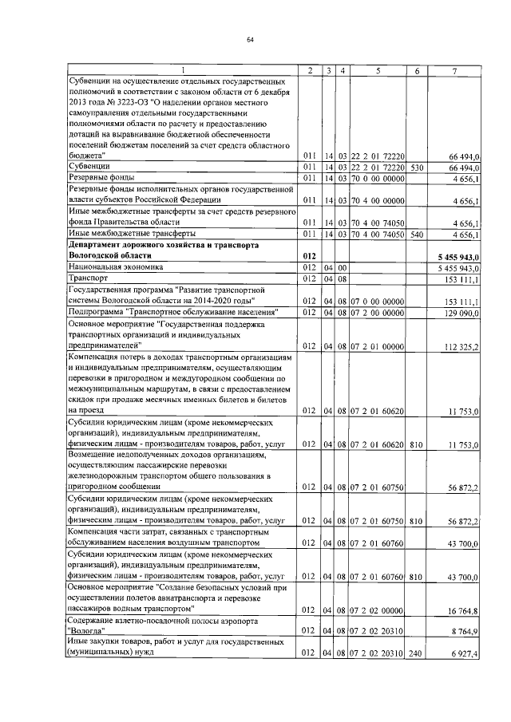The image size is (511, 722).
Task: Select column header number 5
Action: [x=378, y=71]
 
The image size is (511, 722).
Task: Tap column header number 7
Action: [x=454, y=71]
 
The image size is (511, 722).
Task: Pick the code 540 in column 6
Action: [x=415, y=234]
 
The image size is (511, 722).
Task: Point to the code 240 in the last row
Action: [x=415, y=653]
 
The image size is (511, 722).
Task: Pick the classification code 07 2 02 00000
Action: [x=378, y=610]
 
